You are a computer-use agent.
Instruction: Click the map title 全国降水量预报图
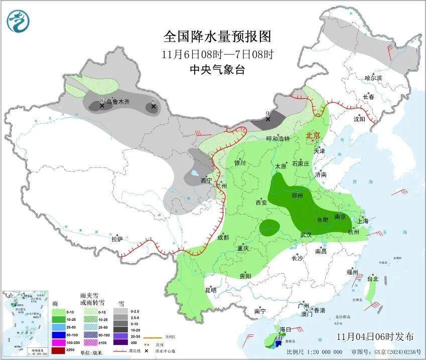click(217, 37)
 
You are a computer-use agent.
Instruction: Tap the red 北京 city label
click(313, 135)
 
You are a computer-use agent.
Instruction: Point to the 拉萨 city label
click(117, 239)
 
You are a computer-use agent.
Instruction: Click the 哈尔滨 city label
click(373, 78)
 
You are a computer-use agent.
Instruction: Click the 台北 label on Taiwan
click(372, 279)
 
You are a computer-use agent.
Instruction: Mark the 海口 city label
click(285, 329)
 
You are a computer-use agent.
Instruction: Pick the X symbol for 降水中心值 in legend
click(145, 350)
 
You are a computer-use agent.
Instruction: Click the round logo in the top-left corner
click(18, 21)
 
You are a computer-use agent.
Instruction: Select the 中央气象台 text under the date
click(217, 70)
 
